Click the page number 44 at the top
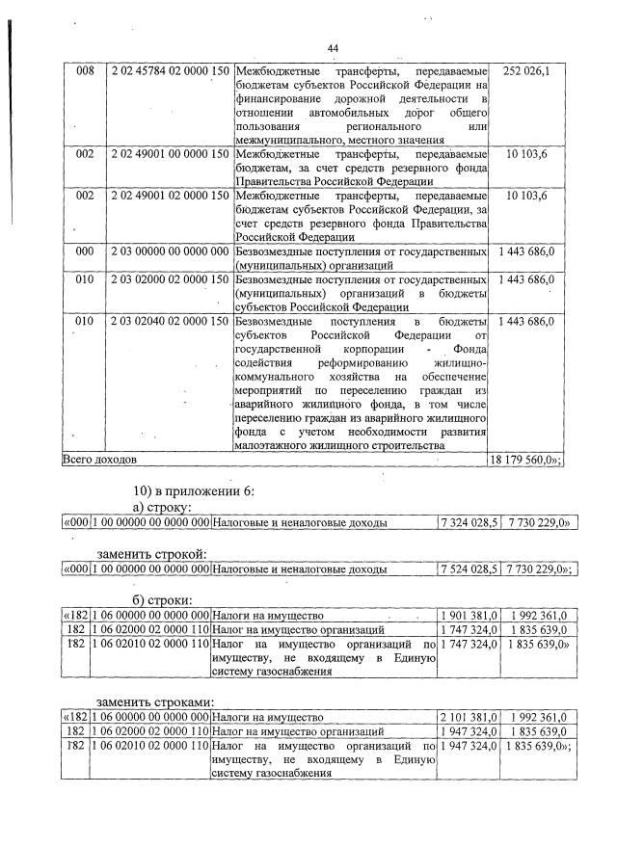tap(333, 48)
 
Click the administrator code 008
tap(85, 72)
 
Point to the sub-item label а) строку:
tap(163, 506)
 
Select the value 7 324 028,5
tap(469, 523)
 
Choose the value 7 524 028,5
tap(469, 569)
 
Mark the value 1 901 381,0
tap(469, 615)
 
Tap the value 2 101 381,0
tap(469, 718)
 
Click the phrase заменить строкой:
tap(152, 553)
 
